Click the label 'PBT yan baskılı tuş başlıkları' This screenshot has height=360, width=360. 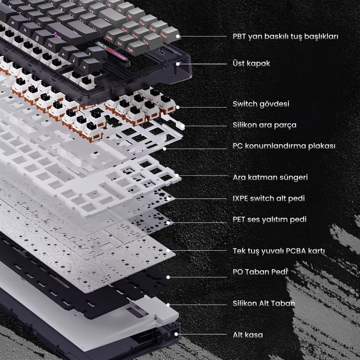[x=285, y=36]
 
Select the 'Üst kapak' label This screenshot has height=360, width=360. [x=252, y=63]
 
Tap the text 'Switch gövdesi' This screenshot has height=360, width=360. [x=261, y=104]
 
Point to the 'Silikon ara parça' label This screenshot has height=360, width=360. [x=265, y=125]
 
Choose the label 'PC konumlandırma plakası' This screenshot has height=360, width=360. [x=284, y=146]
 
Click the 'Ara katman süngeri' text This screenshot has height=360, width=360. [x=270, y=177]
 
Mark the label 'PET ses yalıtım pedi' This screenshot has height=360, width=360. [x=270, y=220]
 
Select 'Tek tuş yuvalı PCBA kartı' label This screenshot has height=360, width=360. [x=279, y=251]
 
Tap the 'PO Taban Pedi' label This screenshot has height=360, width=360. [x=260, y=272]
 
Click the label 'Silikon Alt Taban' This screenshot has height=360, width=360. [x=264, y=303]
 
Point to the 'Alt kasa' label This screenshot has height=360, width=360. [x=248, y=335]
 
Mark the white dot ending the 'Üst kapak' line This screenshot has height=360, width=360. [x=178, y=63]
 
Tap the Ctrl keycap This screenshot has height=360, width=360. [x=50, y=46]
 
